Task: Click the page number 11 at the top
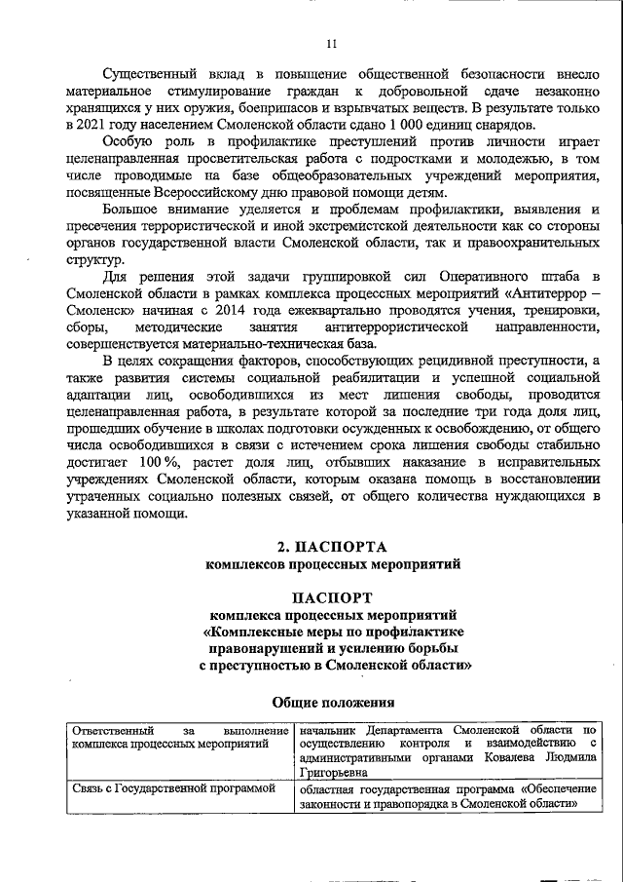[x=331, y=43]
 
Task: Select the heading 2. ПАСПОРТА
[x=330, y=546]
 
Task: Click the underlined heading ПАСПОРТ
[x=330, y=595]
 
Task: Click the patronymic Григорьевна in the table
[x=337, y=771]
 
